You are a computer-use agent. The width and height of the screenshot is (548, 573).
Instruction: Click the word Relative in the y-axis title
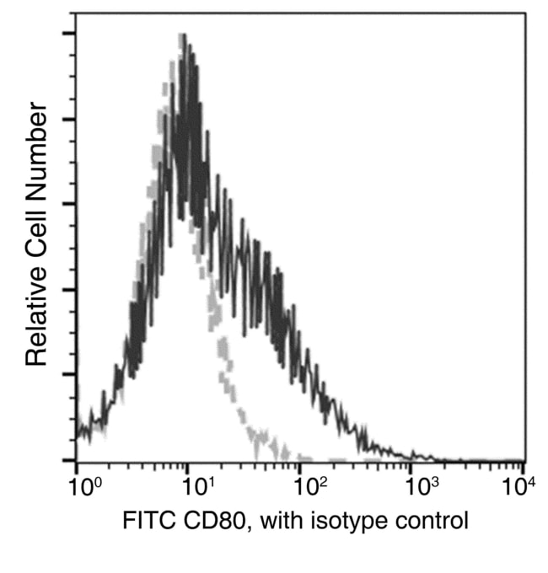[x=35, y=315]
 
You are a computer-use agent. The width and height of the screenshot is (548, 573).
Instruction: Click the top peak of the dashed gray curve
[x=181, y=36]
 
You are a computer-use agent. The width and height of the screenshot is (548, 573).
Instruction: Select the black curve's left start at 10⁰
[x=78, y=434]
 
